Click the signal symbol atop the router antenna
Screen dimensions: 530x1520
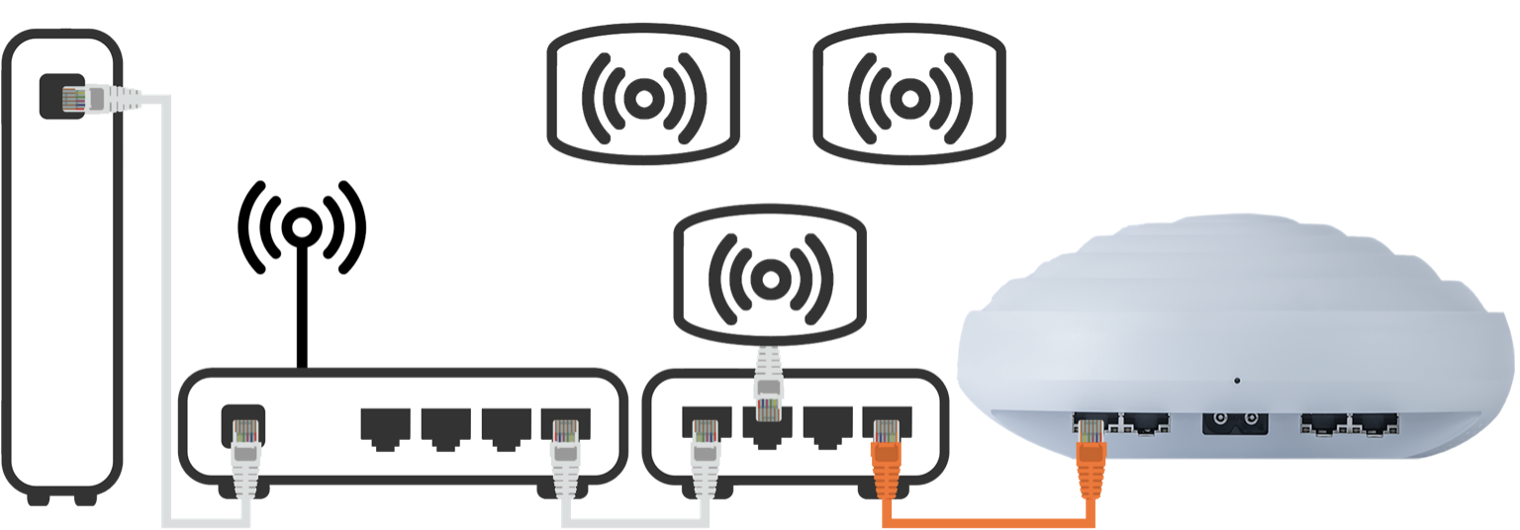302,228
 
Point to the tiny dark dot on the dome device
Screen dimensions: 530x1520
1236,380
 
